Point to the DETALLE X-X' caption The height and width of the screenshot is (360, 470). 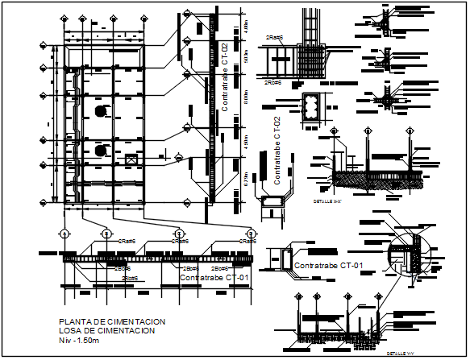327,205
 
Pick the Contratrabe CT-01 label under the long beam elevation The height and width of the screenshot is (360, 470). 214,278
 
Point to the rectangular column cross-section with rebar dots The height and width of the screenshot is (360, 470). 310,110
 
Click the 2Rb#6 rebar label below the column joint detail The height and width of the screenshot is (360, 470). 272,81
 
